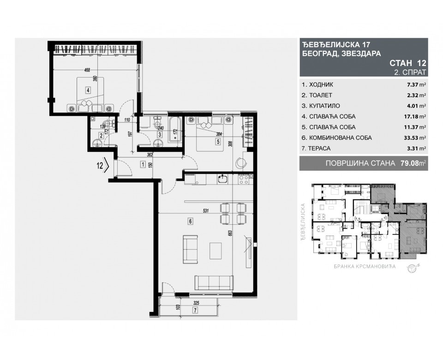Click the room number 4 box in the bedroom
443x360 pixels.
87,90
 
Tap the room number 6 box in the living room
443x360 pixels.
190,221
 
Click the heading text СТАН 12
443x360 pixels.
408,63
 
